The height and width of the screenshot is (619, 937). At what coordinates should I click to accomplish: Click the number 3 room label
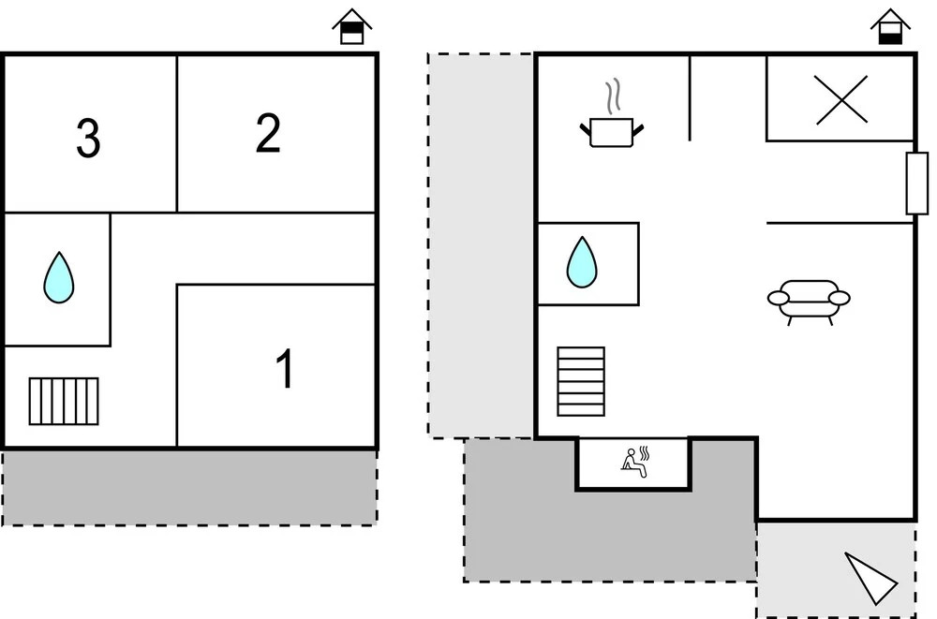[88, 140]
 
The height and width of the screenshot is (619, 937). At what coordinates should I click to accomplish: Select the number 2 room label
[268, 134]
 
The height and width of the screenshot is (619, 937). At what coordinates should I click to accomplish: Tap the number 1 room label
[284, 369]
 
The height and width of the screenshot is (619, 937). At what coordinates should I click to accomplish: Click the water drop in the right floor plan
[582, 262]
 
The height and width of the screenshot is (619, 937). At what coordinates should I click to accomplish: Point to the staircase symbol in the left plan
[64, 401]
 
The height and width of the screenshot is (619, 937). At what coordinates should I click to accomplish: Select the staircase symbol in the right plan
[581, 381]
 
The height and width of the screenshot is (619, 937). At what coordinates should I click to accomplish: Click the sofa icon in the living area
[809, 300]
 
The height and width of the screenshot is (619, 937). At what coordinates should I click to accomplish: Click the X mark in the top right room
[841, 99]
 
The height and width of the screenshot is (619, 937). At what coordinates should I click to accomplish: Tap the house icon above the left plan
[352, 28]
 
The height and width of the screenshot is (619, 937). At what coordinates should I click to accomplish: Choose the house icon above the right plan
[890, 28]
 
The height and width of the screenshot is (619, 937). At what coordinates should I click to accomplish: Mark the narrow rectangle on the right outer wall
[916, 183]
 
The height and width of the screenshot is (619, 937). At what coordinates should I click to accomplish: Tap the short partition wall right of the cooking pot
[690, 97]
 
